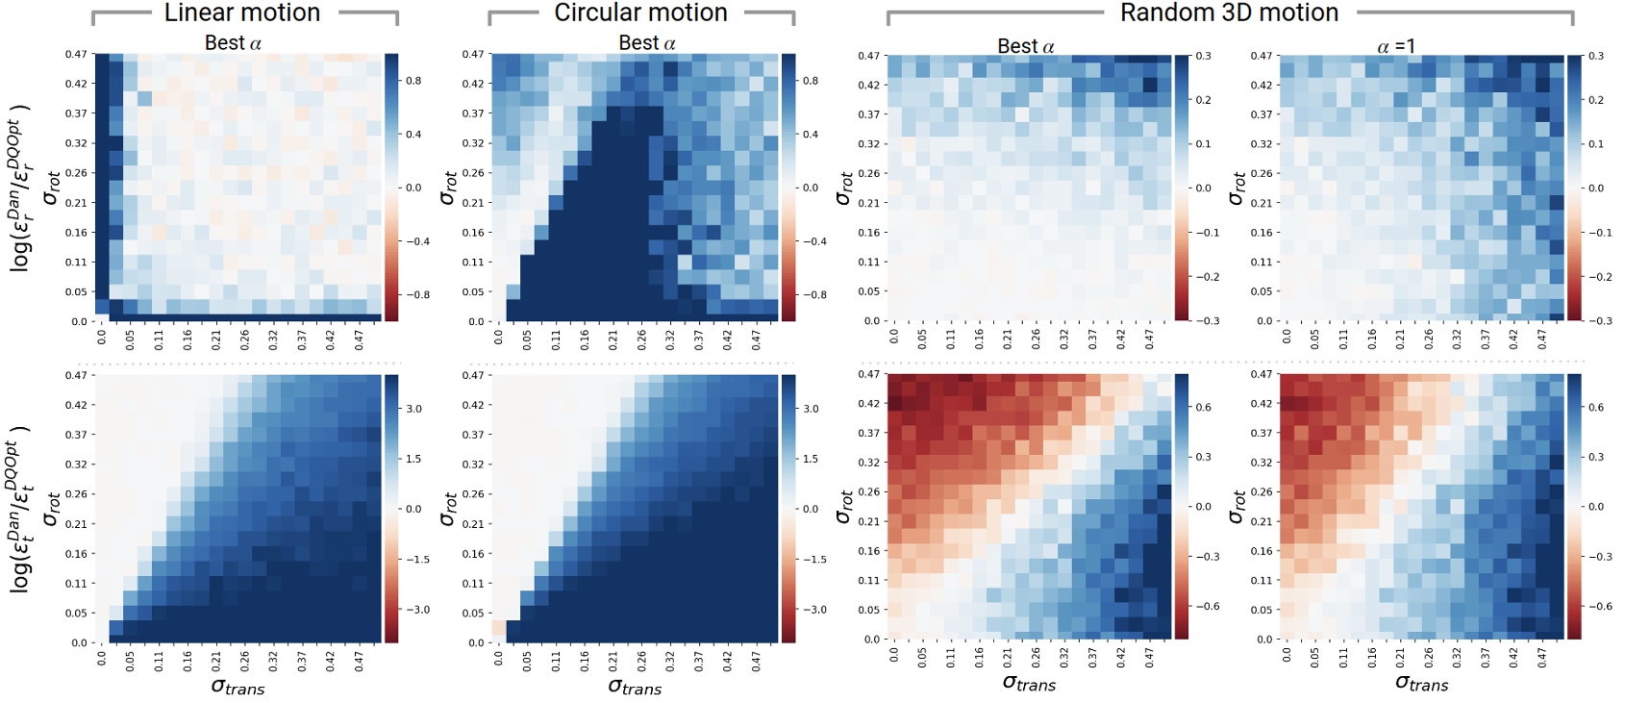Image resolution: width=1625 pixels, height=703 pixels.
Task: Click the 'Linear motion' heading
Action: click(241, 13)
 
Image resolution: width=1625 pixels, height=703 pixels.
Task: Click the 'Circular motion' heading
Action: click(640, 13)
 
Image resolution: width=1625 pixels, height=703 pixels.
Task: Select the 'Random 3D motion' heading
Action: click(1229, 13)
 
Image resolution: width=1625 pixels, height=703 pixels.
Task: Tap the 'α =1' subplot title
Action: click(1395, 46)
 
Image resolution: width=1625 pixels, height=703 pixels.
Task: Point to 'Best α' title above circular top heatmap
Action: click(646, 43)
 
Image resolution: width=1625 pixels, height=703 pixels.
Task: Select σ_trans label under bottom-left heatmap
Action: click(237, 687)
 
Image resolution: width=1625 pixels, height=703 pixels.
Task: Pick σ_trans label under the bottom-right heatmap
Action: click(1421, 684)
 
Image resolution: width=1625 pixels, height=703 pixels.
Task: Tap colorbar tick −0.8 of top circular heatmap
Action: click(810, 295)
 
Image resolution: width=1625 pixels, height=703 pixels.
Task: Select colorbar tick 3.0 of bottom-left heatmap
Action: click(413, 409)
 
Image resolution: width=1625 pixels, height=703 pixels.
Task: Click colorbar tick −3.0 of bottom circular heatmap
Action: click(812, 610)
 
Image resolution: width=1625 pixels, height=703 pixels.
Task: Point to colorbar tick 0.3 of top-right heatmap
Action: click(1596, 56)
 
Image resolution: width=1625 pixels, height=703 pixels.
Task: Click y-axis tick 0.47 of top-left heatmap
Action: click(77, 55)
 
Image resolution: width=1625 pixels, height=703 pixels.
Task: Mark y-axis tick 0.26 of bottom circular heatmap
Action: click(473, 494)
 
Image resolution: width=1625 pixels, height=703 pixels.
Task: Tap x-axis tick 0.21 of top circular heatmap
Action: click(612, 339)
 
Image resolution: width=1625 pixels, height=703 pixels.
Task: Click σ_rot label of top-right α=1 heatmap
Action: click(1237, 188)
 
